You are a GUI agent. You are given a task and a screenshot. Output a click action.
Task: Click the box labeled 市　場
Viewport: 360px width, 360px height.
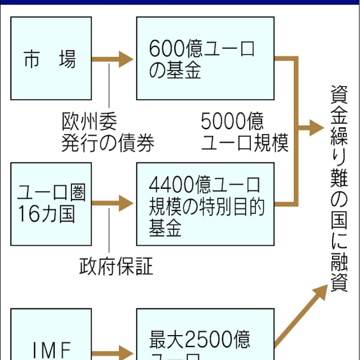tap(51, 58)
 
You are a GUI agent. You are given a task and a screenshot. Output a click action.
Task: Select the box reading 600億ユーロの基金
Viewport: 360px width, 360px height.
tap(205, 58)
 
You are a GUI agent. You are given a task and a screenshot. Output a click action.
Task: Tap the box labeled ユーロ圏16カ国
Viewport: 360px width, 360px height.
tap(51, 204)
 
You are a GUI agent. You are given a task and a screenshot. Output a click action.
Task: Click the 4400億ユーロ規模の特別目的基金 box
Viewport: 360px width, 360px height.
tap(205, 204)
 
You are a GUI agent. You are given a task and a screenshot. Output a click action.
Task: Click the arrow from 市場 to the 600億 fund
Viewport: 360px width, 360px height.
tap(113, 59)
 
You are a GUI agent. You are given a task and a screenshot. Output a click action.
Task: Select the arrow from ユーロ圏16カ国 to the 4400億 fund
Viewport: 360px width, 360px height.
tap(113, 203)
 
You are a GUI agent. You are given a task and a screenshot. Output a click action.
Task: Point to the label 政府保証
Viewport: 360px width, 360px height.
tap(116, 266)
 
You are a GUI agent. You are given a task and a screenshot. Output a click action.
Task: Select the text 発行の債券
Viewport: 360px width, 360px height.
tap(108, 143)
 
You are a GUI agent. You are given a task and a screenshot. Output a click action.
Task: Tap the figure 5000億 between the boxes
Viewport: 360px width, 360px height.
tap(232, 122)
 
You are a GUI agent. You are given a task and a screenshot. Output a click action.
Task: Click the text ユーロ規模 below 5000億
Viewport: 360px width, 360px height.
tap(244, 143)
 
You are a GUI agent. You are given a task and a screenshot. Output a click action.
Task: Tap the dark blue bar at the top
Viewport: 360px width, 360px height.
tap(180, 2)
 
